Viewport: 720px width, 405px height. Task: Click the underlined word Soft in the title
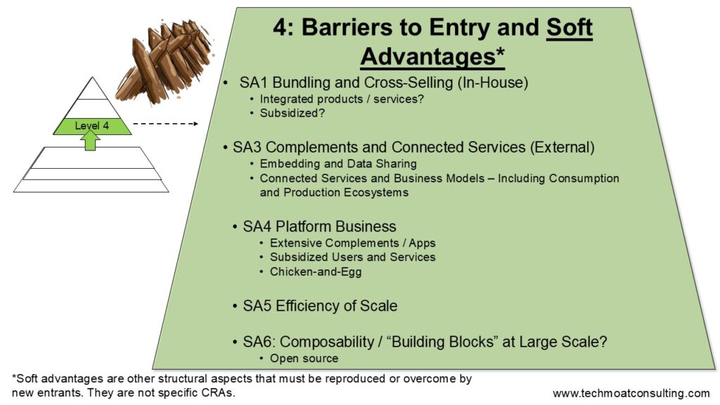(x=570, y=27)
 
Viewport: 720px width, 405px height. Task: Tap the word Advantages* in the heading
(x=432, y=56)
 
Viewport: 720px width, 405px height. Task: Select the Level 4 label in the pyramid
(x=92, y=126)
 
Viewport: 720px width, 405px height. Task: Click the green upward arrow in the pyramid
(x=92, y=140)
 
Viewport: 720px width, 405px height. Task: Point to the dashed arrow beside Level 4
(x=166, y=124)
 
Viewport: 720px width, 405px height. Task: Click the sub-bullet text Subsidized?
(x=292, y=113)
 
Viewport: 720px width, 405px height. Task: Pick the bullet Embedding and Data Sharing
(x=338, y=164)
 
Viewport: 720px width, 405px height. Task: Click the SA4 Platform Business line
(x=319, y=226)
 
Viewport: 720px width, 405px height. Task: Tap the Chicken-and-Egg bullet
(x=316, y=272)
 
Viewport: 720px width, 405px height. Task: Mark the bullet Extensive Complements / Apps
(x=353, y=243)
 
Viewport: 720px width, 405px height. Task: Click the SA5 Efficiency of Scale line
(x=320, y=306)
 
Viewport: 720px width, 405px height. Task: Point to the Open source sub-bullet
(x=304, y=359)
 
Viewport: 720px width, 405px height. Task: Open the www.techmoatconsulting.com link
(x=631, y=394)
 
